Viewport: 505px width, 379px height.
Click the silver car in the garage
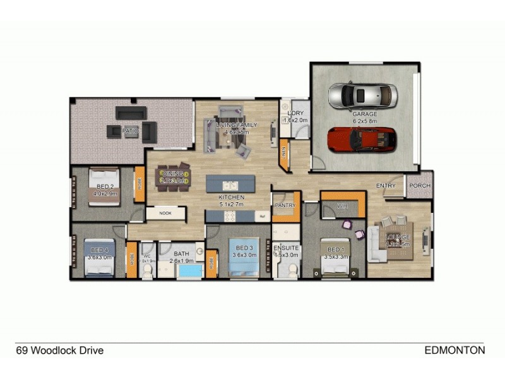pos(363,97)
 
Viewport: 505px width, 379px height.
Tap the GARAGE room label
pos(364,114)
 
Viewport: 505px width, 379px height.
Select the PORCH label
pos(419,185)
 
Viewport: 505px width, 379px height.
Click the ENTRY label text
pos(385,186)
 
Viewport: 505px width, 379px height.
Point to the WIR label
pos(343,206)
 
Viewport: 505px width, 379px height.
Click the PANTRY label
pos(285,205)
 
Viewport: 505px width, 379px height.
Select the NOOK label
pos(165,213)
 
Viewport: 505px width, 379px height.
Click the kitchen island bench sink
pos(231,186)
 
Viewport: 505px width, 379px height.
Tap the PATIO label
pos(131,131)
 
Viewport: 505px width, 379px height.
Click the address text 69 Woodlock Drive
pos(59,350)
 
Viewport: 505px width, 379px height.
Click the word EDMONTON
pos(454,350)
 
